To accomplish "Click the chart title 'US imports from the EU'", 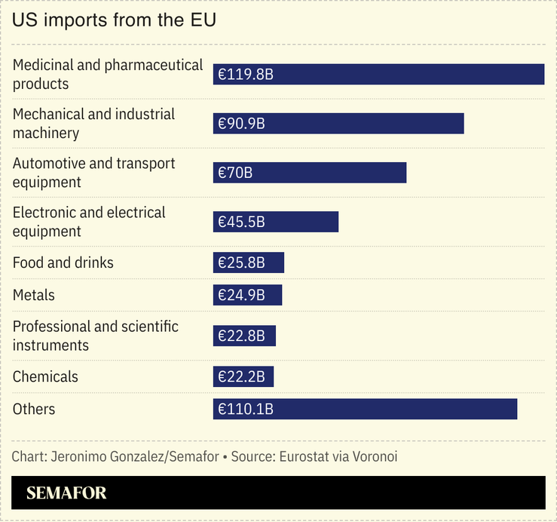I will [114, 20].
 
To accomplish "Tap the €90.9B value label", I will [241, 124].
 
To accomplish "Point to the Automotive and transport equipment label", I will [93, 173].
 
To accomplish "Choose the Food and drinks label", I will [63, 263].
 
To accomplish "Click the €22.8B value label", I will [241, 336].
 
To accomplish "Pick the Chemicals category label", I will [45, 376].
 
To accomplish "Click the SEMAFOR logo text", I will [66, 493].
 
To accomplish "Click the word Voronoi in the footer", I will [370, 457].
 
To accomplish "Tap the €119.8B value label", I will [245, 75].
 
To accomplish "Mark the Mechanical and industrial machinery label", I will [93, 124].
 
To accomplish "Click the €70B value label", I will [235, 173].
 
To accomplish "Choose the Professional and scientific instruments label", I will [96, 336].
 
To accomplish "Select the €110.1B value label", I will [245, 409].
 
